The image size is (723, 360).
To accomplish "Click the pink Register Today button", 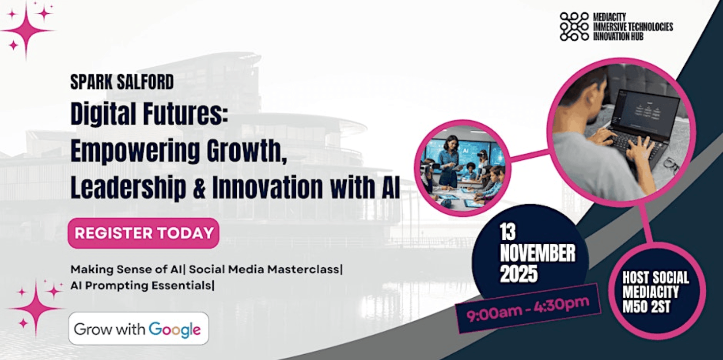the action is (x=143, y=233).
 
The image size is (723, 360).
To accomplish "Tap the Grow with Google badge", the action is (x=139, y=328).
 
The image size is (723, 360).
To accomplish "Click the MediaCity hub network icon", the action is (x=574, y=27).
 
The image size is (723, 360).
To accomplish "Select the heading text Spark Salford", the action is (x=122, y=82).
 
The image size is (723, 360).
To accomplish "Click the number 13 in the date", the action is (x=508, y=232).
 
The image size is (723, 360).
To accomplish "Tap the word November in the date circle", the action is (x=538, y=253).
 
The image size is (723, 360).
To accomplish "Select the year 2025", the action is (x=519, y=274).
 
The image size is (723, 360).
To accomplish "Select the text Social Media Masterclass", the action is (x=265, y=269).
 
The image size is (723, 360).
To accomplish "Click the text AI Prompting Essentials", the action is (x=140, y=285).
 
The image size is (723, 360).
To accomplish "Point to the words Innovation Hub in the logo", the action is (x=618, y=37).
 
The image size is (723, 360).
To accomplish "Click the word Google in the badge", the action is (x=174, y=330).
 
